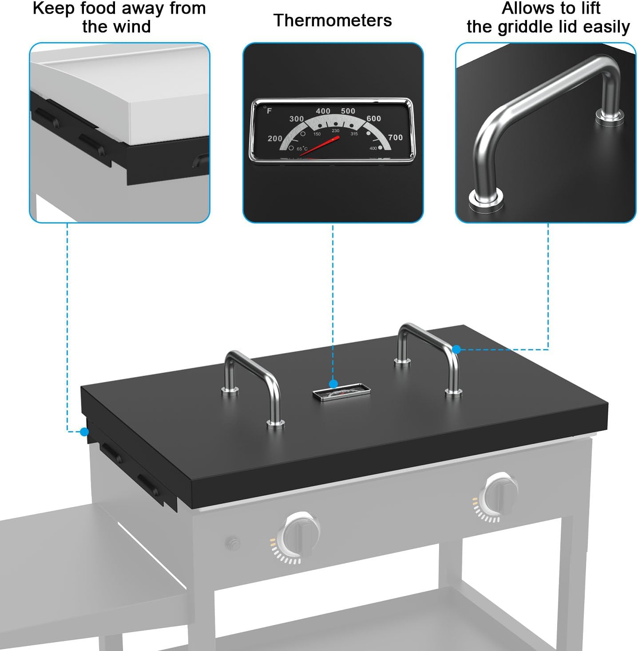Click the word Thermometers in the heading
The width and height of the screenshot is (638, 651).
[333, 20]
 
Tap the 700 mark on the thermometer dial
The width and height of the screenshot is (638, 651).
[395, 137]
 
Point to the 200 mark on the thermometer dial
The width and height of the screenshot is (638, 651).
[275, 139]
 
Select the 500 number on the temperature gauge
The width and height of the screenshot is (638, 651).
[348, 111]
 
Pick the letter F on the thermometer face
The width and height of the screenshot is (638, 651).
[269, 111]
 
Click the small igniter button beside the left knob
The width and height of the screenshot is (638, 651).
[233, 542]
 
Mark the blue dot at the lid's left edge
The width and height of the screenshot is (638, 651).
[84, 431]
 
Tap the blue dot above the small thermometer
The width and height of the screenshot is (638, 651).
[333, 384]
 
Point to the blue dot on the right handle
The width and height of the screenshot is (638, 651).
[456, 349]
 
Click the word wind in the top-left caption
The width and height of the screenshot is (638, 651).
[133, 27]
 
